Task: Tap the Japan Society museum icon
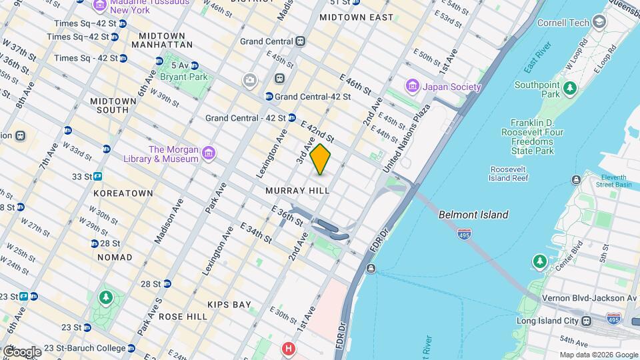click(412, 87)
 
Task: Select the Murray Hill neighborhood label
click(297, 191)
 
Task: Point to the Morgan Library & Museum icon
click(209, 154)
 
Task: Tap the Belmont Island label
click(473, 215)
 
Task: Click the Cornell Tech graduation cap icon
click(599, 23)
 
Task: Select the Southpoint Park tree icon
click(569, 88)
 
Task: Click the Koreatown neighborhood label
click(123, 193)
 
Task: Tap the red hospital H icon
click(289, 349)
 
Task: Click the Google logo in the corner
click(21, 351)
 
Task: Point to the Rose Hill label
click(183, 317)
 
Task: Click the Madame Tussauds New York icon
click(100, 6)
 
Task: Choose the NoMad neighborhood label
click(115, 257)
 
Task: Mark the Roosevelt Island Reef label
click(509, 174)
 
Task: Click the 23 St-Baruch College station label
click(85, 348)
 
